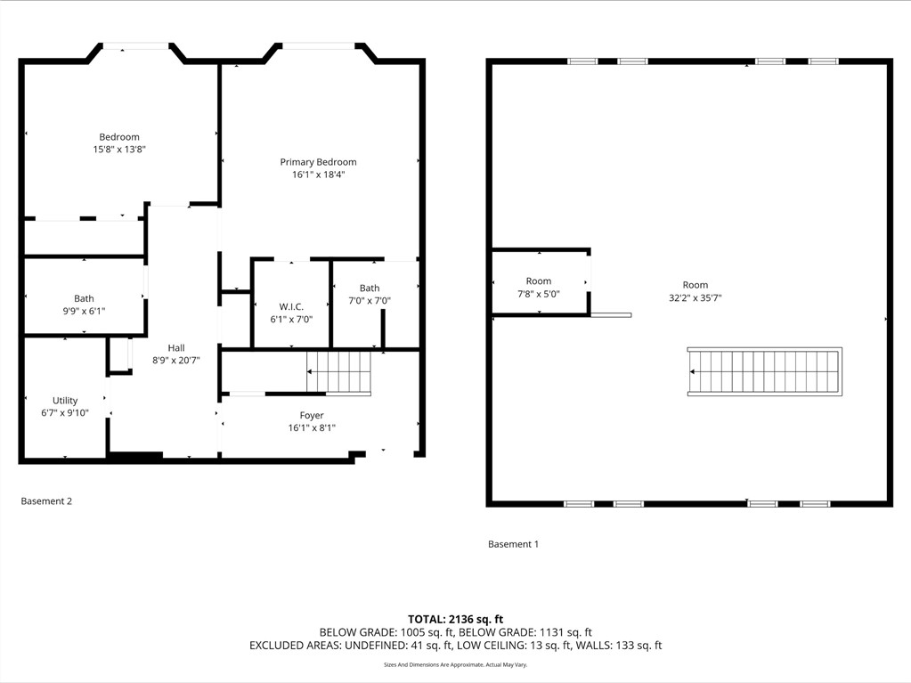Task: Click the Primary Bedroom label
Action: tap(319, 162)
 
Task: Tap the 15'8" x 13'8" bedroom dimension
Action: tap(119, 150)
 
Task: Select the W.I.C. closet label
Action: tap(291, 306)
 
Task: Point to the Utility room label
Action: tap(65, 400)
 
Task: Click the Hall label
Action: tap(176, 348)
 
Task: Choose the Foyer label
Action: tap(312, 415)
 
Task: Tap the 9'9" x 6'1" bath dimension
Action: tap(85, 312)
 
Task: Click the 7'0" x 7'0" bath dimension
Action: tap(370, 301)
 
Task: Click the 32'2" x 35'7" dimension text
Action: tap(695, 298)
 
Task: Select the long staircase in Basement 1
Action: tap(765, 371)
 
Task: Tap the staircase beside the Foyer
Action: tap(338, 372)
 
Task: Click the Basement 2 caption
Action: tap(46, 501)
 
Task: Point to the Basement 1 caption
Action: tap(513, 544)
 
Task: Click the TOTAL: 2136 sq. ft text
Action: tap(456, 619)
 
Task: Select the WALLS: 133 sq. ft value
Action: tap(619, 646)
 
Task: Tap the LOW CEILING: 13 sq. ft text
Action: tap(513, 646)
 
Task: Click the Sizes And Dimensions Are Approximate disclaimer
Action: tap(456, 664)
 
